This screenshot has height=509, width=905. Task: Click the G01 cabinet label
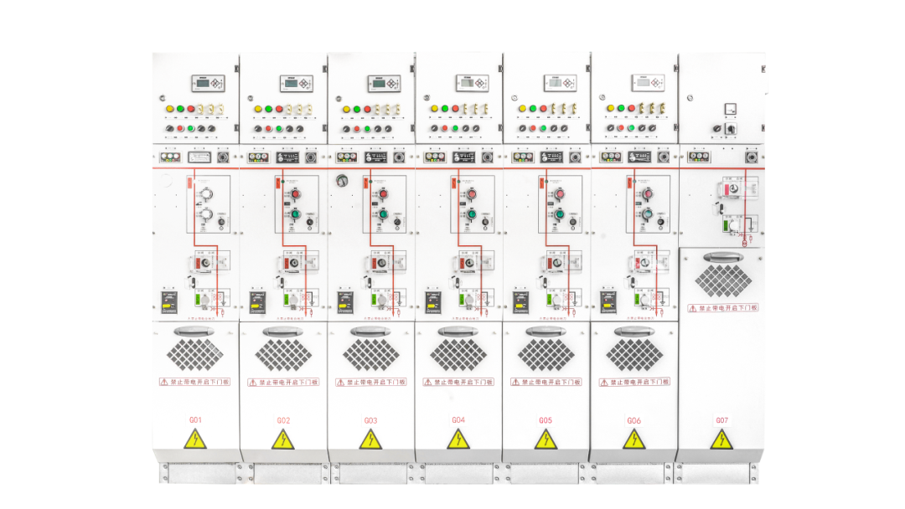(x=195, y=419)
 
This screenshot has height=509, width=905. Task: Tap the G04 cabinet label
(x=458, y=419)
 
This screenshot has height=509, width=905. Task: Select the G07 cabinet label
(x=721, y=419)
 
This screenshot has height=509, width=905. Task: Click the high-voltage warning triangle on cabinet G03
(x=370, y=440)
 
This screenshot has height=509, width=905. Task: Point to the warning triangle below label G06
(x=634, y=440)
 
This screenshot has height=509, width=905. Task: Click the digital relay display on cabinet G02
(x=296, y=83)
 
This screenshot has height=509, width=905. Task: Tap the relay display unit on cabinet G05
(x=560, y=83)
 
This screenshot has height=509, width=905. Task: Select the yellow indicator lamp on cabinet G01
(x=169, y=109)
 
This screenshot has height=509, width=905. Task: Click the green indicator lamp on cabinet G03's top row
(x=356, y=109)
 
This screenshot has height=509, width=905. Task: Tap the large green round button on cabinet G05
(x=559, y=214)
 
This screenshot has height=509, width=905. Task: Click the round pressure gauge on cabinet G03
(x=342, y=180)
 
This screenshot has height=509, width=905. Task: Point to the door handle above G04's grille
(x=458, y=332)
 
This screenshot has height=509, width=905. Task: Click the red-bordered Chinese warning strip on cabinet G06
(x=634, y=382)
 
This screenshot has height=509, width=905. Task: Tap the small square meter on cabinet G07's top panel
(x=730, y=108)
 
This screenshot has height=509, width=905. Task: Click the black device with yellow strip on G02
(x=257, y=301)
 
